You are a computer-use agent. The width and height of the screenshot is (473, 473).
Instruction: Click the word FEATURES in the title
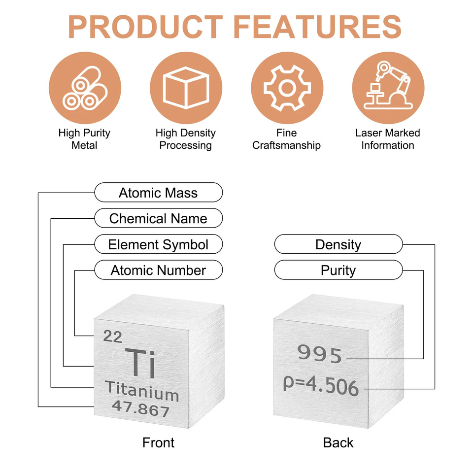pyautogui.click(x=317, y=27)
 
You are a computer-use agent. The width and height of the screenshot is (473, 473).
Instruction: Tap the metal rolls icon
pyautogui.click(x=85, y=88)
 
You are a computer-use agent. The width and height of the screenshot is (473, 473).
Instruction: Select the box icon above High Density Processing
pyautogui.click(x=186, y=88)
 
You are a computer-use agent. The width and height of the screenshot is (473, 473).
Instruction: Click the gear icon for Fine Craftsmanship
pyautogui.click(x=287, y=88)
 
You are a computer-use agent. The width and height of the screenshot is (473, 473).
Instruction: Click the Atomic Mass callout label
pyautogui.click(x=158, y=193)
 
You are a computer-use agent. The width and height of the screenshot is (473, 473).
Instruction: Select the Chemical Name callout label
pyautogui.click(x=158, y=218)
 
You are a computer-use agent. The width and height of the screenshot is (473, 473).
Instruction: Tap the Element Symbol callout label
pyautogui.click(x=158, y=244)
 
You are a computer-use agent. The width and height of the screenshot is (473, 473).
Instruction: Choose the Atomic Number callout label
pyautogui.click(x=158, y=270)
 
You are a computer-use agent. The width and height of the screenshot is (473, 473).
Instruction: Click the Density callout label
pyautogui.click(x=338, y=244)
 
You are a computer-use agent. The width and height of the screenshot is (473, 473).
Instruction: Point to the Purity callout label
pyautogui.click(x=338, y=270)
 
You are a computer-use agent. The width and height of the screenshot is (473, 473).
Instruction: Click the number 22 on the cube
pyautogui.click(x=112, y=337)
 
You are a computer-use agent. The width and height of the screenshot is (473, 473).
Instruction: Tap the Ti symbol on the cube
pyautogui.click(x=140, y=363)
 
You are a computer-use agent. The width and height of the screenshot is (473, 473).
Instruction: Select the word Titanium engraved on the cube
pyautogui.click(x=142, y=391)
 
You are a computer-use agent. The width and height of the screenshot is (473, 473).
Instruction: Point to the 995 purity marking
pyautogui.click(x=319, y=354)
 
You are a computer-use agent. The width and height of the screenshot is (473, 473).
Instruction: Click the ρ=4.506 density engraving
pyautogui.click(x=321, y=385)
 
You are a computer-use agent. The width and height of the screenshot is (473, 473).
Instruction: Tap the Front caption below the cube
pyautogui.click(x=158, y=443)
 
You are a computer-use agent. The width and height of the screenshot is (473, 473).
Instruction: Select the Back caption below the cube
pyautogui.click(x=338, y=443)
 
